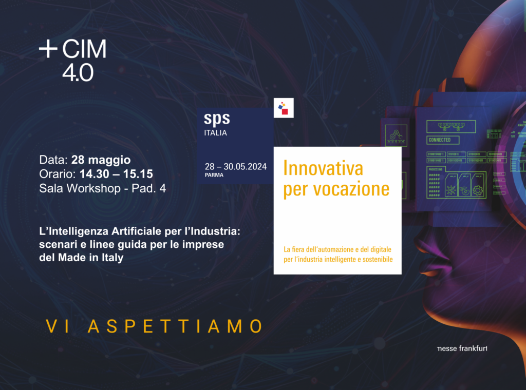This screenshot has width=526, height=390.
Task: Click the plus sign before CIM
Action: (x=48, y=49)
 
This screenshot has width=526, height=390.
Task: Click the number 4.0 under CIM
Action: (x=78, y=72)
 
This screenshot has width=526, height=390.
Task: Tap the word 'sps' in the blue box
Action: (x=217, y=119)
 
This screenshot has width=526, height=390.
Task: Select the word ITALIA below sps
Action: (x=216, y=133)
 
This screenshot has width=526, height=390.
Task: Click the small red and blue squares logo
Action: (x=283, y=108)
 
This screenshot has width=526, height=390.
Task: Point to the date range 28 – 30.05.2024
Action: (x=236, y=166)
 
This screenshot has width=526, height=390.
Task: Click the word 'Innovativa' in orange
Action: (x=323, y=168)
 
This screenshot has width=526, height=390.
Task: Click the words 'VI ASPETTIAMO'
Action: (x=154, y=326)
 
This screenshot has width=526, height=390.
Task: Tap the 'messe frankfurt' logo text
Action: (x=461, y=349)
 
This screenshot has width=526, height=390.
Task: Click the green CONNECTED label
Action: (x=439, y=140)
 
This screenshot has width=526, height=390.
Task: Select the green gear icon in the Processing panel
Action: (x=478, y=190)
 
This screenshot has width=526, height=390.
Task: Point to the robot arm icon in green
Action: (x=396, y=135)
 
